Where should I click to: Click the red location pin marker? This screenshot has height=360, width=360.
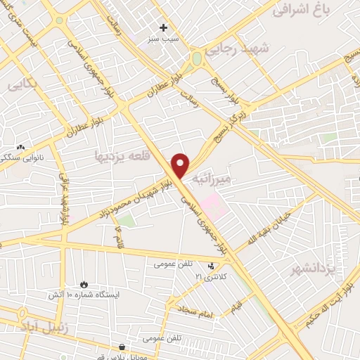pos(181,165)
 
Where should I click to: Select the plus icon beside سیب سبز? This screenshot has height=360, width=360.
pos(164,28)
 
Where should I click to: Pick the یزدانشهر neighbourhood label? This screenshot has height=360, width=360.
pos(313,269)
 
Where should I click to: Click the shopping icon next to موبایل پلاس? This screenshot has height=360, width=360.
pos(122,347)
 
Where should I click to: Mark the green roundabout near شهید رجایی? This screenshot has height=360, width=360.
pos(197,58)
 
